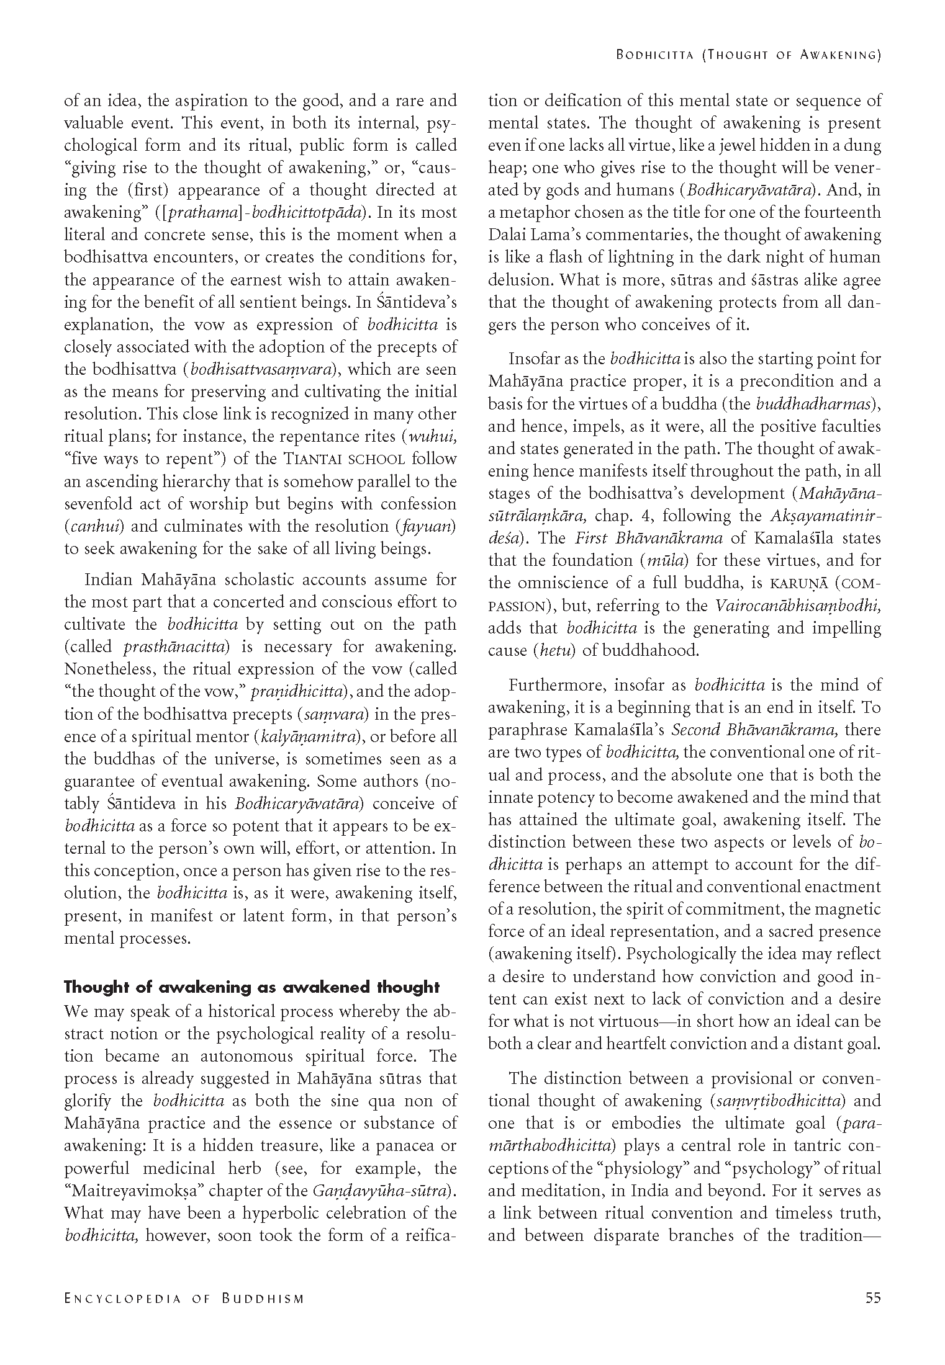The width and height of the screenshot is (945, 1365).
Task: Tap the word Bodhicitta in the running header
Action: (x=654, y=55)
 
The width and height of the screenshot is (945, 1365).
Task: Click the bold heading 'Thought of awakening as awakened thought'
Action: (x=251, y=987)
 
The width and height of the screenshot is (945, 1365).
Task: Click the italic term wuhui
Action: (x=431, y=436)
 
